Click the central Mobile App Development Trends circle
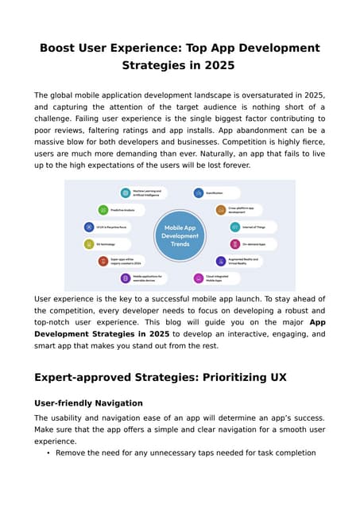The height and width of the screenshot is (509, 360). (x=180, y=235)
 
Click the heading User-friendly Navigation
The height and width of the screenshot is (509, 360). (x=88, y=403)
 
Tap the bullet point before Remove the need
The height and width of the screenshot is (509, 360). (x=48, y=453)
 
